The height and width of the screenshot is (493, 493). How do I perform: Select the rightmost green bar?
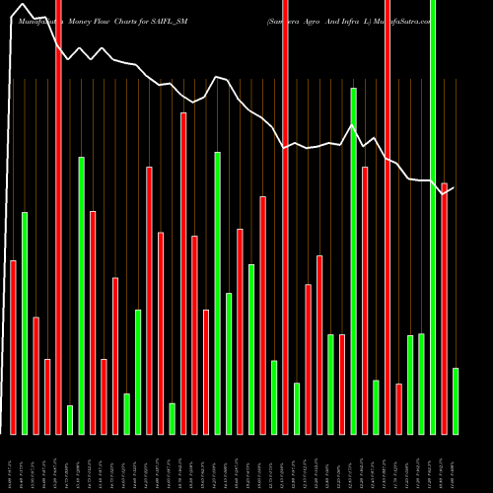[x=455, y=400]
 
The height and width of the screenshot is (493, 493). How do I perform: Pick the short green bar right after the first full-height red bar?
[x=70, y=419]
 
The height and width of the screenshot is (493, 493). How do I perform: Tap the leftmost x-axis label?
[x=13, y=463]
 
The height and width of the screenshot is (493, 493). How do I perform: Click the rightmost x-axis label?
[x=455, y=463]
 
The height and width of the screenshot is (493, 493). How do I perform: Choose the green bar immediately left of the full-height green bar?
[x=421, y=384]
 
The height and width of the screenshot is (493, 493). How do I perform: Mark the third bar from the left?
[x=35, y=375]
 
